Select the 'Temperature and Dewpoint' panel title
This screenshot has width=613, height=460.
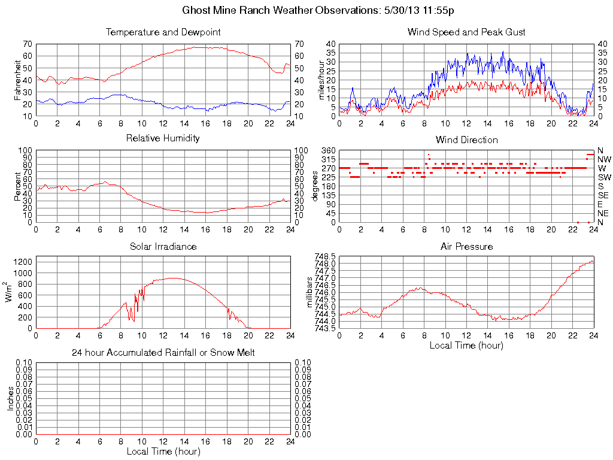tap(163, 32)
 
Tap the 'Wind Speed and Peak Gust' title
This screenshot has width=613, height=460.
tap(466, 32)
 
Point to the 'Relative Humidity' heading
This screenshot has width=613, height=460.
tap(163, 138)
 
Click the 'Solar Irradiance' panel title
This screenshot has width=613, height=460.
tap(163, 246)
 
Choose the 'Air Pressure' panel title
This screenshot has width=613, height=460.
tap(466, 246)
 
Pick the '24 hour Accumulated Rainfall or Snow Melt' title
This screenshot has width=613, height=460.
tap(163, 353)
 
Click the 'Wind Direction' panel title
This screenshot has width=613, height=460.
tap(466, 140)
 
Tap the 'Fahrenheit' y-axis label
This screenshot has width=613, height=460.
tap(19, 80)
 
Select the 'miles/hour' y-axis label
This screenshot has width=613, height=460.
tap(321, 80)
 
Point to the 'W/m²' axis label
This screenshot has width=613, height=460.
tap(10, 292)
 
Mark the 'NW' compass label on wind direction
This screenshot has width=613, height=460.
tap(604, 159)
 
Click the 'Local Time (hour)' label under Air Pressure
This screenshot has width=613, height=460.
tap(466, 345)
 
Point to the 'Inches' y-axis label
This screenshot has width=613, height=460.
tap(10, 398)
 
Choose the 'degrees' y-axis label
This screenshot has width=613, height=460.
tap(315, 186)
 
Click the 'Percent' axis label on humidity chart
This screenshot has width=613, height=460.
tap(19, 186)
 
